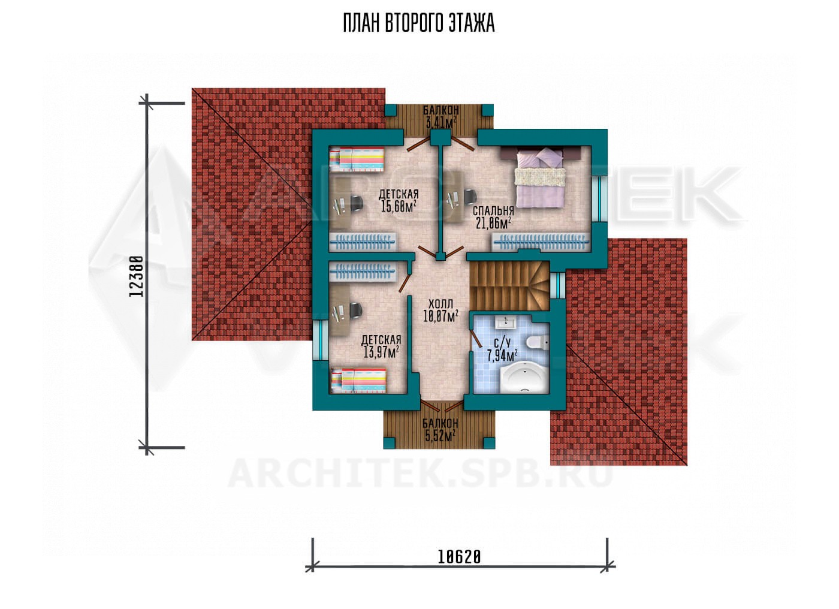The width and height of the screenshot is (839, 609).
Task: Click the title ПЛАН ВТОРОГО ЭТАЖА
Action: (419, 23)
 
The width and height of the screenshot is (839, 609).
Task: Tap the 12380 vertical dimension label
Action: (137, 276)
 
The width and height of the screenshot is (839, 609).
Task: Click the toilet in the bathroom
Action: (537, 342)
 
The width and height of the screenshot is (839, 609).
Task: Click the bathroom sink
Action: (506, 323)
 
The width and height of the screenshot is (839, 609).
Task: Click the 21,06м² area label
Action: (494, 224)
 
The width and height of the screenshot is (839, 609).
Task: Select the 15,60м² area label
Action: (399, 206)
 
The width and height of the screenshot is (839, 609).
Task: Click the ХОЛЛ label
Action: (440, 303)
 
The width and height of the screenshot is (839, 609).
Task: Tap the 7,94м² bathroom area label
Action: (502, 354)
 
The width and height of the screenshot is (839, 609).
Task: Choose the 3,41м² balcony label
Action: (440, 122)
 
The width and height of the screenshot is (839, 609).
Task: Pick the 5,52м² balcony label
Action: (440, 436)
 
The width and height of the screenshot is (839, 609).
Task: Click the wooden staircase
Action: (509, 286)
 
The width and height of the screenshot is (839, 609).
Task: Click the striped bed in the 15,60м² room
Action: (357, 159)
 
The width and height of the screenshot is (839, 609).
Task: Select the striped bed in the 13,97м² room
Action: (358, 381)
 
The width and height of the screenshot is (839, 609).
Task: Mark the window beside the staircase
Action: (558, 285)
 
